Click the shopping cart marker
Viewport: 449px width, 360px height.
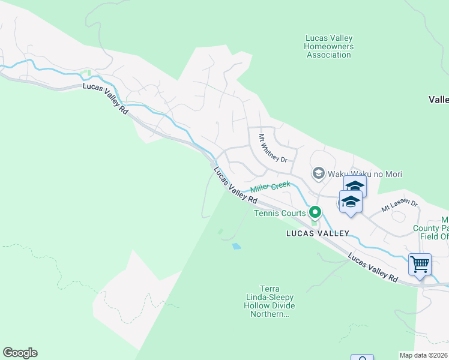tap(420, 264)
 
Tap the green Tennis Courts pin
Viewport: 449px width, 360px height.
tap(314, 212)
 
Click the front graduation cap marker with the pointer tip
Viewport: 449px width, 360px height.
tap(351, 203)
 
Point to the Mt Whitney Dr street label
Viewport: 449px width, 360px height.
tap(273, 148)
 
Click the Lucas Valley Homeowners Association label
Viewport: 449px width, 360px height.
tap(328, 46)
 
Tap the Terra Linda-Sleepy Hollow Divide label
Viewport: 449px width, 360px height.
tap(270, 301)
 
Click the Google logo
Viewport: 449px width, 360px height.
tap(20, 353)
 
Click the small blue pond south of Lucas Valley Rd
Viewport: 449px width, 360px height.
tap(237, 246)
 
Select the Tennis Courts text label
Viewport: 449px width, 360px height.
tap(280, 213)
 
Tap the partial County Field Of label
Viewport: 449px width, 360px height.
tap(432, 228)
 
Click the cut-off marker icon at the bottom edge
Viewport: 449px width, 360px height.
tap(362, 358)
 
